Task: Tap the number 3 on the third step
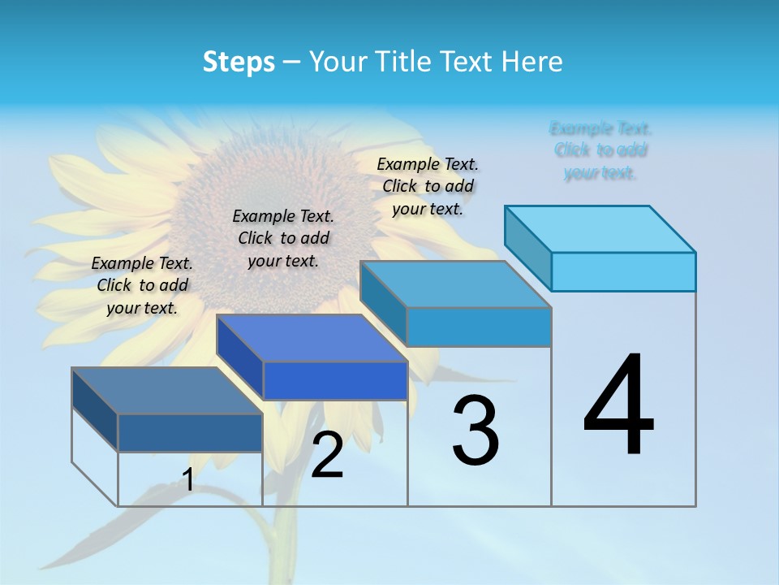pyautogui.click(x=476, y=431)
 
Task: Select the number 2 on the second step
pyautogui.click(x=327, y=455)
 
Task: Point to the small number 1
pyautogui.click(x=187, y=479)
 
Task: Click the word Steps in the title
pyautogui.click(x=239, y=62)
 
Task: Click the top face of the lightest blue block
pyautogui.click(x=600, y=228)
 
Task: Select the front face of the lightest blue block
pyautogui.click(x=623, y=271)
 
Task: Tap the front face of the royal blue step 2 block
pyautogui.click(x=335, y=380)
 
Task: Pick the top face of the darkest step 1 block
pyautogui.click(x=167, y=391)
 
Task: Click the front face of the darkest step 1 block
pyautogui.click(x=190, y=432)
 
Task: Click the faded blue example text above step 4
pyautogui.click(x=600, y=150)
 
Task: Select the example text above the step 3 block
pyautogui.click(x=428, y=186)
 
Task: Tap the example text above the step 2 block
pyautogui.click(x=283, y=238)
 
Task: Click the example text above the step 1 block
pyautogui.click(x=142, y=285)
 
